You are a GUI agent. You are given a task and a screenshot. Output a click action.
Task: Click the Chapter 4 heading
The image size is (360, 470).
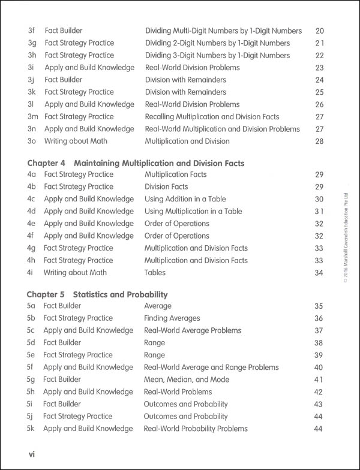(136, 163)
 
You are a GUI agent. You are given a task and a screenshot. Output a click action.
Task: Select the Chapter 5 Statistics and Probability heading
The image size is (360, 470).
(98, 294)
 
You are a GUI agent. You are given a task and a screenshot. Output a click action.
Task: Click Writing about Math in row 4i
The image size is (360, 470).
(75, 273)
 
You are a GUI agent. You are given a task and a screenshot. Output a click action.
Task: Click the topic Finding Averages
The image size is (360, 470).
(173, 318)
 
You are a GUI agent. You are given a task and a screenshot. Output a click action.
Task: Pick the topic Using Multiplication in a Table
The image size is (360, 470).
(193, 211)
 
